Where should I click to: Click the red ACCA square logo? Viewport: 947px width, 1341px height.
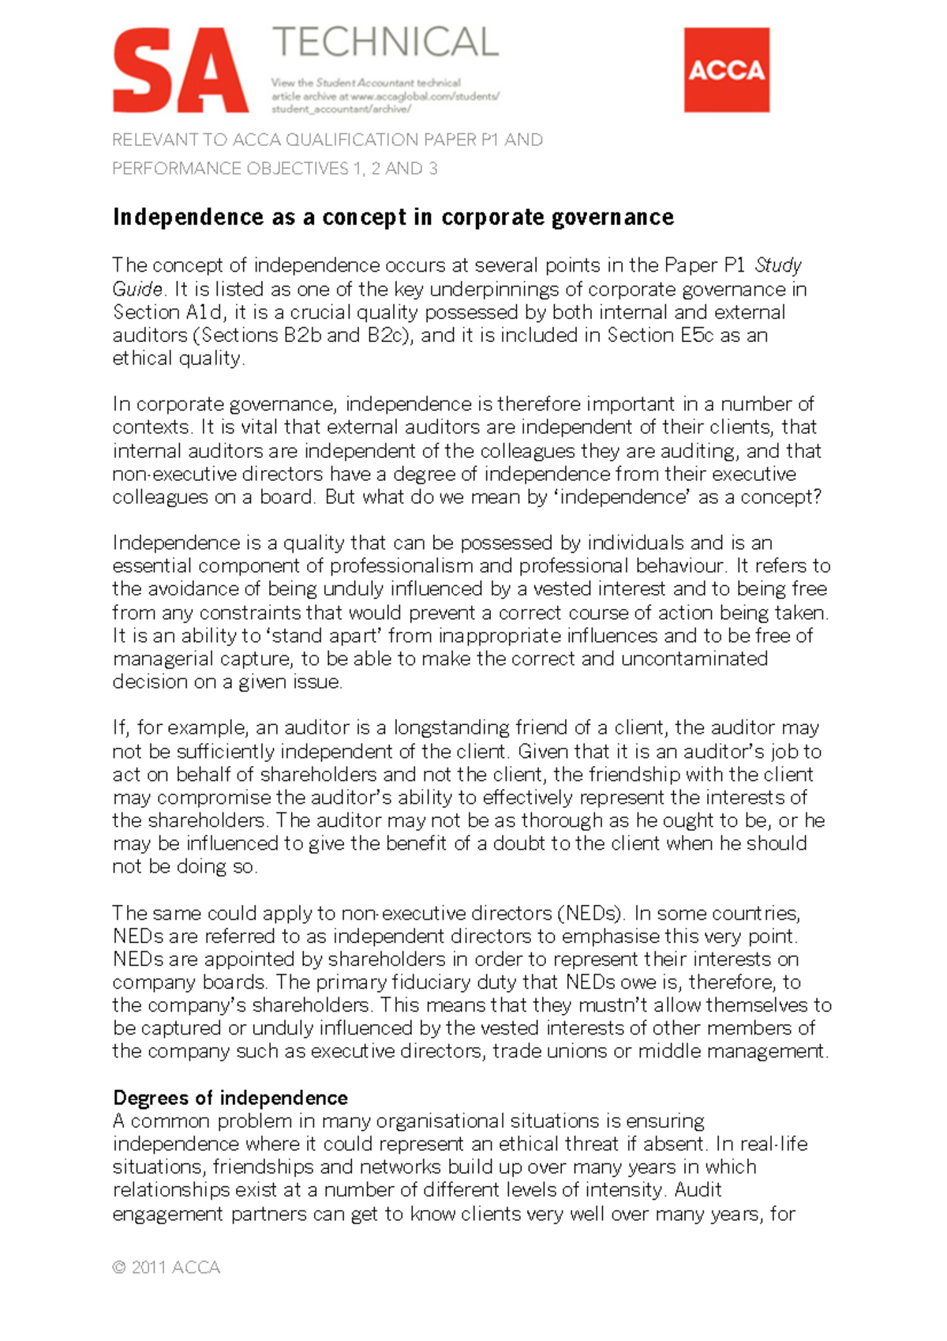point(726,69)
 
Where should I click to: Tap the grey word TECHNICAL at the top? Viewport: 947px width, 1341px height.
point(385,43)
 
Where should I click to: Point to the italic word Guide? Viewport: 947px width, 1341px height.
point(137,289)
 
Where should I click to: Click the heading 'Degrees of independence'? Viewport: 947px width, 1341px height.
point(230,1098)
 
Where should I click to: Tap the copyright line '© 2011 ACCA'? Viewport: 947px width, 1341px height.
point(167,1268)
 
